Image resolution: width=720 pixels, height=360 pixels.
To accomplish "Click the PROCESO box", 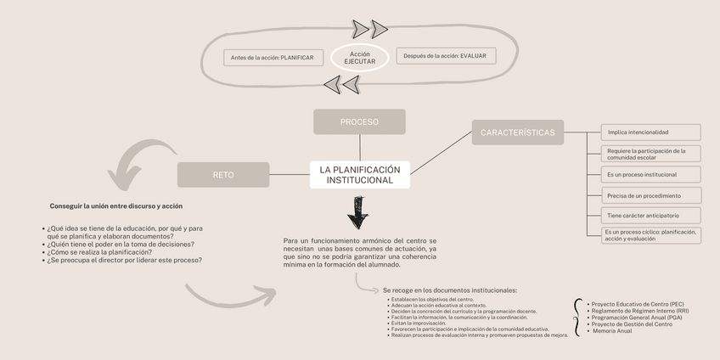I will (359, 121).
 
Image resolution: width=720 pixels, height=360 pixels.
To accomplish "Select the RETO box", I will (222, 175).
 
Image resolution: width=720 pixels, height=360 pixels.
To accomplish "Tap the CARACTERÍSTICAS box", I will (517, 132).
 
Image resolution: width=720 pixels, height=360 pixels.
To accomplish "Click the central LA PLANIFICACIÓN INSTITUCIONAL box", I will (359, 175).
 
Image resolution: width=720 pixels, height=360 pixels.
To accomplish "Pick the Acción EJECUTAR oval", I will (359, 58).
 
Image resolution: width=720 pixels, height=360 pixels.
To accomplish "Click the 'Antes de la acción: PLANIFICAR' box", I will (272, 58).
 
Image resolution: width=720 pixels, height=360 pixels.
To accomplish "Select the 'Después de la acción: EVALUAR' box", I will (446, 56).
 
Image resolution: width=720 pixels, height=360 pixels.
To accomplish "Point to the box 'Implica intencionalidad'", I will (651, 132).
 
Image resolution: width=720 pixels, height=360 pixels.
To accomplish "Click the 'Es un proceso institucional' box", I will (651, 174).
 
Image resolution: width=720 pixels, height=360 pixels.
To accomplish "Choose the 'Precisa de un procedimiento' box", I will (651, 195).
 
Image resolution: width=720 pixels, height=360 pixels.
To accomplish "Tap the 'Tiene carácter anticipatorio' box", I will (651, 216).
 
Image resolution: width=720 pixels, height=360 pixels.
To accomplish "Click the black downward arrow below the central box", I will (359, 212).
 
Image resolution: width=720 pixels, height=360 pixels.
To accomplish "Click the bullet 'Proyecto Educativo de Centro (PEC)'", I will (637, 303).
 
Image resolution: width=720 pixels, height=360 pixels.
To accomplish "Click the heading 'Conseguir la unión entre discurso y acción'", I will (116, 205).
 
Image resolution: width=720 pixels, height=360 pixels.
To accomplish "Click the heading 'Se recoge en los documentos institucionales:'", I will (449, 290).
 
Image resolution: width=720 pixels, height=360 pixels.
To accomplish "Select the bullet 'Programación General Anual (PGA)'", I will (636, 317).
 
